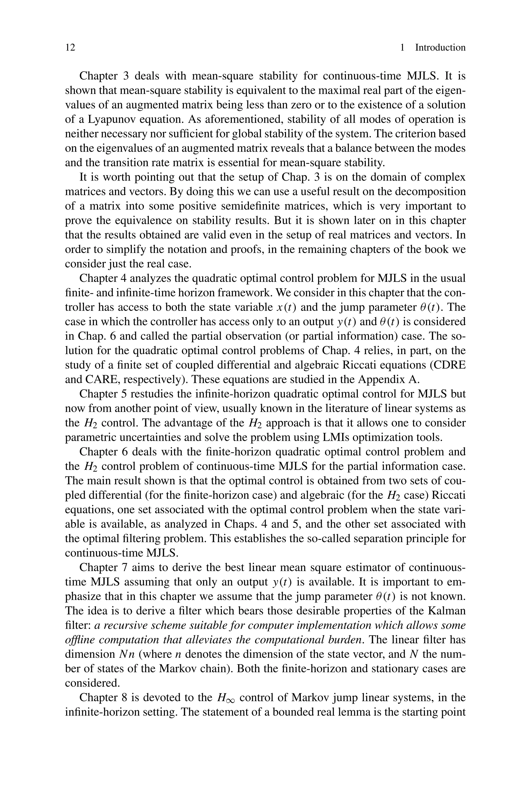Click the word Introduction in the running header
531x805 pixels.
440,47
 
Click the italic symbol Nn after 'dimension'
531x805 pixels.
127,654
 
